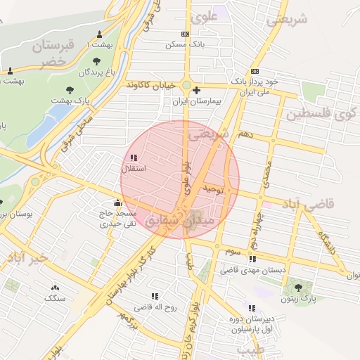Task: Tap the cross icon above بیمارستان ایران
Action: click(196, 90)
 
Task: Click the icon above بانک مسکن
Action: click(185, 34)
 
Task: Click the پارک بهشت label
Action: click(70, 101)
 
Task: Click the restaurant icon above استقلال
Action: click(134, 157)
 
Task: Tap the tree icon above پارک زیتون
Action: click(300, 287)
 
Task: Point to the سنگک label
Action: click(53, 298)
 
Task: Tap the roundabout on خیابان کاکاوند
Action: click(186, 85)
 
